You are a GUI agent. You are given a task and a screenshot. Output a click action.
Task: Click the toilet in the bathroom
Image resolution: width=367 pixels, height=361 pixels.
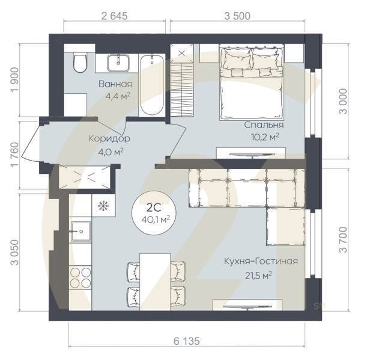click(80, 63)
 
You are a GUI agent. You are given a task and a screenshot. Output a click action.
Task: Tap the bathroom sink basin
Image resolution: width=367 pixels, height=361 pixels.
click(118, 63)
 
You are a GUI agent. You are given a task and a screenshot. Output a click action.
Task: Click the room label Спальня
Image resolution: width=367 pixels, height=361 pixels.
click(264, 125)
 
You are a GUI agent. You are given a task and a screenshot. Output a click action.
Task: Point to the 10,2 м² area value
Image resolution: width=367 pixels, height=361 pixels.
click(265, 137)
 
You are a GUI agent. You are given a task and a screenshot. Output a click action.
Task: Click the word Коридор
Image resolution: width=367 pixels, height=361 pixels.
click(109, 138)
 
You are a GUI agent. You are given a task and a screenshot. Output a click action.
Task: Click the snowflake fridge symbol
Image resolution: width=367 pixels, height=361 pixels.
click(103, 206)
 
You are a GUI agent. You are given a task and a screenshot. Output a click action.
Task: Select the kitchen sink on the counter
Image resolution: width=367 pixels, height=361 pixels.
click(81, 232)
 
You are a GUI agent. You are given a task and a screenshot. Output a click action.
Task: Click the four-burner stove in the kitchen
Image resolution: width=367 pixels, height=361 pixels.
click(80, 278)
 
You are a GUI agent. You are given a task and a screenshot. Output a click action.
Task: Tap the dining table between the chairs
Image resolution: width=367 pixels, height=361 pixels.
click(155, 282)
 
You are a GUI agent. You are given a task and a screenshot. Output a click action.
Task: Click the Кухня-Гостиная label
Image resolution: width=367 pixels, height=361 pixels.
click(261, 261)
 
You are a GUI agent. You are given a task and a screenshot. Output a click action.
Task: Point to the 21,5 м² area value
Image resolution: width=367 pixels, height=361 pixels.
click(258, 276)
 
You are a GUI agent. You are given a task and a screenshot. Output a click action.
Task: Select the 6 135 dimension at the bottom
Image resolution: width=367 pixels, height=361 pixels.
click(187, 341)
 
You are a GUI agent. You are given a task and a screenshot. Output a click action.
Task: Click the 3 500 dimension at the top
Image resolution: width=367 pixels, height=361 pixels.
click(237, 16)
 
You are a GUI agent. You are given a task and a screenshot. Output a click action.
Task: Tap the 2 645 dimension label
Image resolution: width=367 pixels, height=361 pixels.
click(115, 16)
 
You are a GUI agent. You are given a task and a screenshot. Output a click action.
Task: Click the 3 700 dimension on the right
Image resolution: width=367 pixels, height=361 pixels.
click(344, 239)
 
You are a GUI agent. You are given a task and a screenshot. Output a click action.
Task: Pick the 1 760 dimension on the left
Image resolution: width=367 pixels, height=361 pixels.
click(14, 155)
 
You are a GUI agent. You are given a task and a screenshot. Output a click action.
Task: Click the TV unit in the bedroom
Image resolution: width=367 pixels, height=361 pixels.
click(251, 153)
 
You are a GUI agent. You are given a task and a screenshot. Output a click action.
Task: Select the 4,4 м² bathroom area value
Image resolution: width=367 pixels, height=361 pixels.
click(118, 96)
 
